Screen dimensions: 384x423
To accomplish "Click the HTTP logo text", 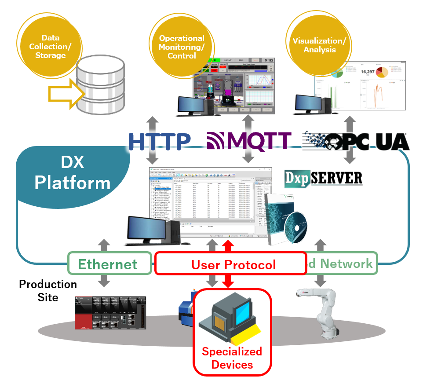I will [159, 141].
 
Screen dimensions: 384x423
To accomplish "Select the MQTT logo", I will [249, 141].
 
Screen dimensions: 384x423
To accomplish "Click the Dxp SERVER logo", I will [324, 177].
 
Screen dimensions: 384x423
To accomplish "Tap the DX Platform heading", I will [72, 173].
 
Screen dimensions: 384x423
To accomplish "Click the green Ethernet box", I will [108, 264].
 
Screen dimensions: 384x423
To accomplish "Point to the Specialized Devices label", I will [232, 358].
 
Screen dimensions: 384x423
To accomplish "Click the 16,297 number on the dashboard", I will [367, 71].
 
